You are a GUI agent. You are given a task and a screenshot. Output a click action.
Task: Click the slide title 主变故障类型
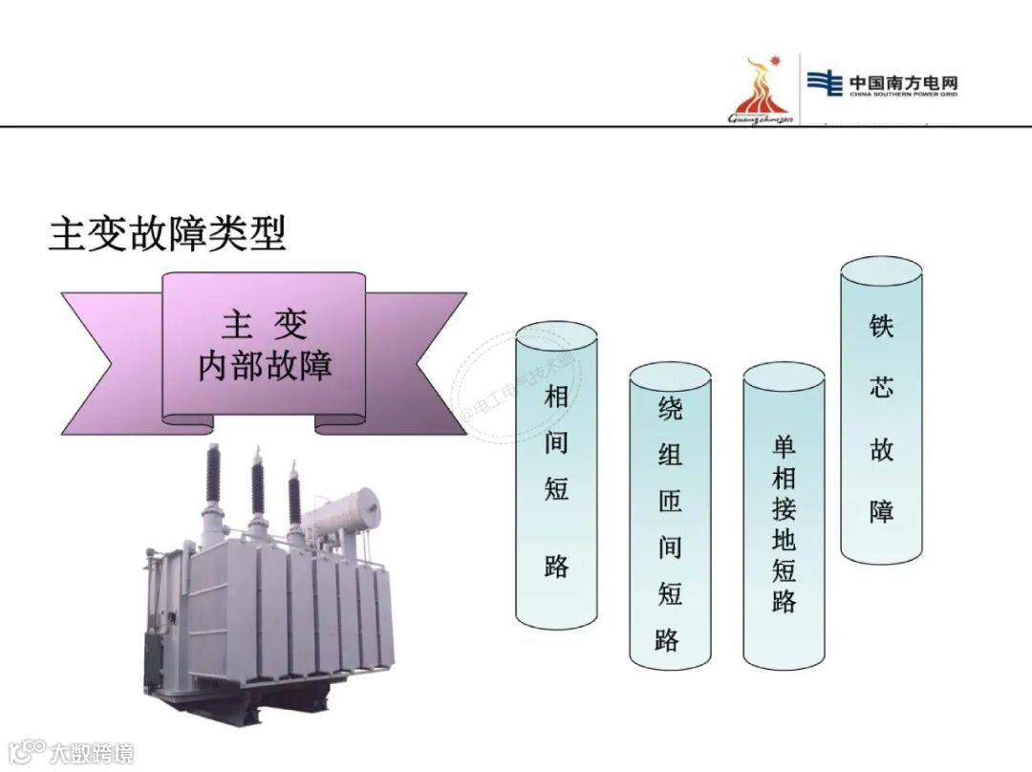[167, 234]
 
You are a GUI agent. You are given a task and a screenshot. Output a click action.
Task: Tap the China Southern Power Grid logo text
[903, 85]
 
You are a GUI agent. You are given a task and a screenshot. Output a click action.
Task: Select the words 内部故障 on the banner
[265, 366]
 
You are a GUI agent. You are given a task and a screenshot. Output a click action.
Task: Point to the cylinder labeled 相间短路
[556, 478]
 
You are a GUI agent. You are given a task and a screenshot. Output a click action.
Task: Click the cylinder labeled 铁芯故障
[881, 411]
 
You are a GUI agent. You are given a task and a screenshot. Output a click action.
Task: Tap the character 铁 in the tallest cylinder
[881, 325]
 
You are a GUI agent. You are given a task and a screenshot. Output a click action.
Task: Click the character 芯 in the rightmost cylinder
[881, 387]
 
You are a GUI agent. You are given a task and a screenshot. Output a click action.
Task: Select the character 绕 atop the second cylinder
[670, 410]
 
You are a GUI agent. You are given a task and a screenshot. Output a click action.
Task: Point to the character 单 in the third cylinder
[784, 446]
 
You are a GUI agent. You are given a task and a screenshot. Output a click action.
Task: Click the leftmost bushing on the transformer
[212, 478]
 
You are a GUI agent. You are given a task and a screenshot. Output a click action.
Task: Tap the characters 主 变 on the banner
[265, 325]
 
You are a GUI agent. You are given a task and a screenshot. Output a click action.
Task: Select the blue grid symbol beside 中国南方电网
[824, 84]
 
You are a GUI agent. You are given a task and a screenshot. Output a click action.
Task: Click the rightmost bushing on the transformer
[294, 497]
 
